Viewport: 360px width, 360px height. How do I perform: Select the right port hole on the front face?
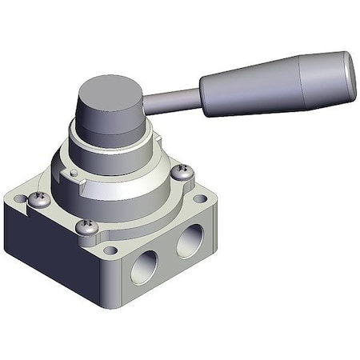[190, 240]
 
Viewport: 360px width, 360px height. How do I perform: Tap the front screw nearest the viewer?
[88, 227]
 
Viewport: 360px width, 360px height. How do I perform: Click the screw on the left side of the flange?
[38, 198]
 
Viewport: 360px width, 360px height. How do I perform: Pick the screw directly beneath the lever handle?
[182, 171]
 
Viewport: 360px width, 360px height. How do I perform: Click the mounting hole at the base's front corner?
[110, 250]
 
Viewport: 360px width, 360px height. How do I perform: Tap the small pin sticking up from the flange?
[74, 171]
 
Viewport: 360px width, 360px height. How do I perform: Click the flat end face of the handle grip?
[350, 70]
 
